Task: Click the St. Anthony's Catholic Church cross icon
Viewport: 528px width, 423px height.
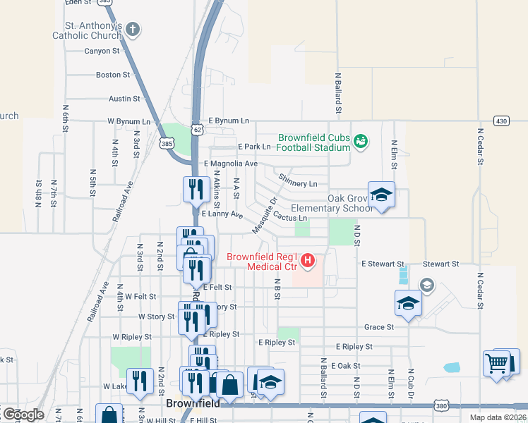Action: point(133,30)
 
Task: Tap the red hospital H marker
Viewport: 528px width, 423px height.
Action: point(307,262)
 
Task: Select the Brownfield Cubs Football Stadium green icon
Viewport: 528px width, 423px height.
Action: point(361,142)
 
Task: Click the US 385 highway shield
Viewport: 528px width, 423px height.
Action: point(167,143)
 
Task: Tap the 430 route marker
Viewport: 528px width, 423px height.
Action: point(501,121)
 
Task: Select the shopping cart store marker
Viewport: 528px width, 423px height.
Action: point(497,363)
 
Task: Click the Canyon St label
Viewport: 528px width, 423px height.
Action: point(102,51)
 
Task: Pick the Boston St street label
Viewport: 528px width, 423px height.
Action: point(113,74)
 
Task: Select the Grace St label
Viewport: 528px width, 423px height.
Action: point(379,327)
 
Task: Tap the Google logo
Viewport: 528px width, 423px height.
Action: point(23,415)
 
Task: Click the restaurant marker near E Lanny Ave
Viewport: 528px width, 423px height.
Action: point(194,188)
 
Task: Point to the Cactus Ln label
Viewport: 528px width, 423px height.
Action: point(291,218)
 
